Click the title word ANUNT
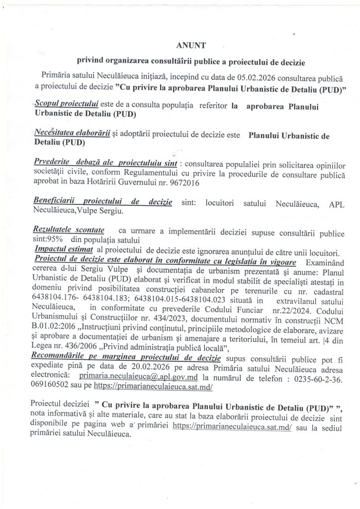pos(187,46)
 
